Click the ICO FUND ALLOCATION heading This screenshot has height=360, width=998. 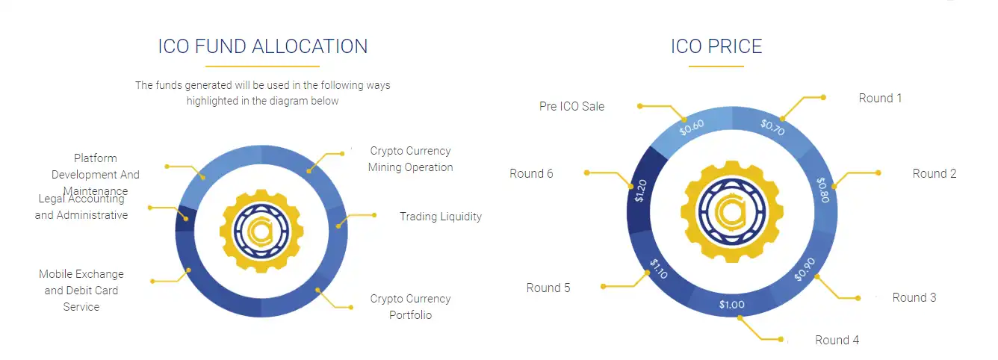262,46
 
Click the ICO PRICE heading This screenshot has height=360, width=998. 716,46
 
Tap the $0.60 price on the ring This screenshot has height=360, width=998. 692,127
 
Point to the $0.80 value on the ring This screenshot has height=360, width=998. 822,190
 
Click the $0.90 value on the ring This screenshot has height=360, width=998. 800,269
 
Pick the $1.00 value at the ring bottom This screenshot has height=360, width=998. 732,305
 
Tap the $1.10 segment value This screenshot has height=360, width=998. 658,269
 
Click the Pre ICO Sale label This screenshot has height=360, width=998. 571,107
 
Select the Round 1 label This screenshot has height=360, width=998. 880,99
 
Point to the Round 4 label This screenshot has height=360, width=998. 837,341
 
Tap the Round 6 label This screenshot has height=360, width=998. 531,174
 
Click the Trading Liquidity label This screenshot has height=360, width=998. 440,217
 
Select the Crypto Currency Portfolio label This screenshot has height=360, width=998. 410,307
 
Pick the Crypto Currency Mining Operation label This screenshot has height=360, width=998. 410,159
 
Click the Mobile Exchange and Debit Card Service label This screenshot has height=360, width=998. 81,291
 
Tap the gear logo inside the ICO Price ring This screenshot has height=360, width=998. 732,211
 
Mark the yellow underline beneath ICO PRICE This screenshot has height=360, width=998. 716,67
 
